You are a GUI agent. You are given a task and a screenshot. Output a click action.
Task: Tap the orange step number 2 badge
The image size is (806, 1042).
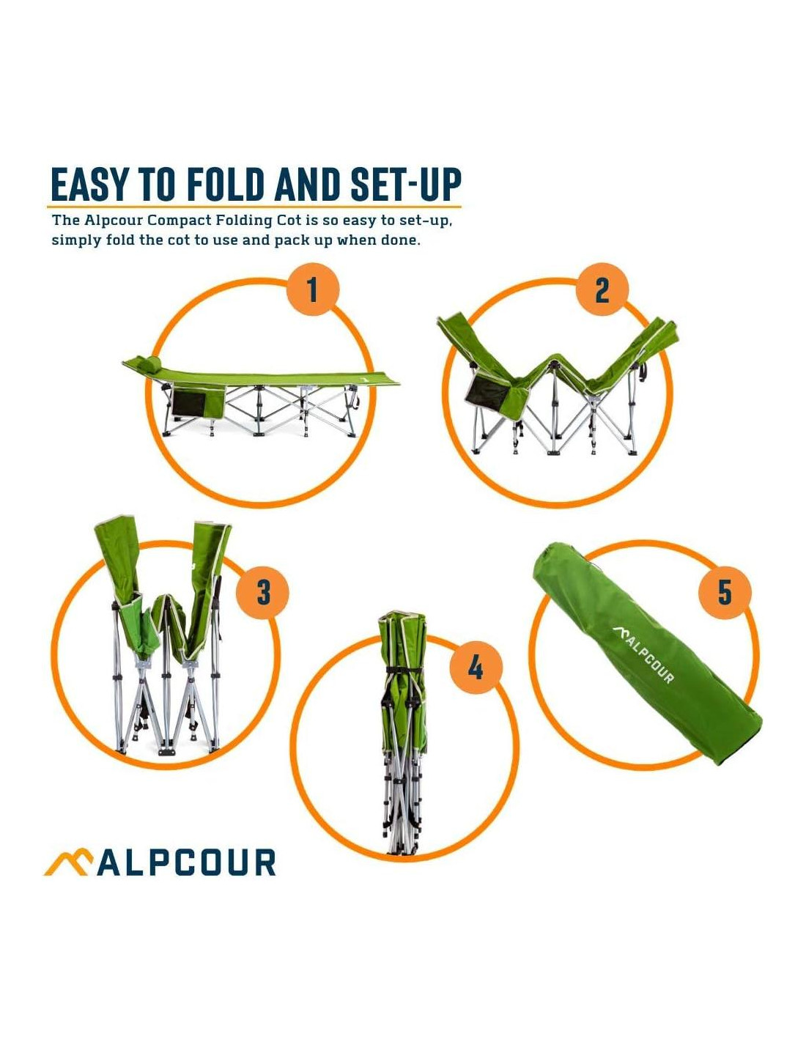(x=602, y=289)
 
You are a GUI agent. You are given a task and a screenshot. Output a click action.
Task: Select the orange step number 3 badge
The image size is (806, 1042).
(x=263, y=593)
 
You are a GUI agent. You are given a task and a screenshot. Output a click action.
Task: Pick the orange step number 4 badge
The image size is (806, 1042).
(x=475, y=668)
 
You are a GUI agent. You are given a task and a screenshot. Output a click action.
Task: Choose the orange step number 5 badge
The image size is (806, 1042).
(x=725, y=592)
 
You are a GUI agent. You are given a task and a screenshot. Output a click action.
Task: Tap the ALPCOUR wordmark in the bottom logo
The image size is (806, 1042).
(x=187, y=863)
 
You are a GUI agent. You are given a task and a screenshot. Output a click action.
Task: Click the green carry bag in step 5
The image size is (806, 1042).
(x=647, y=654)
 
